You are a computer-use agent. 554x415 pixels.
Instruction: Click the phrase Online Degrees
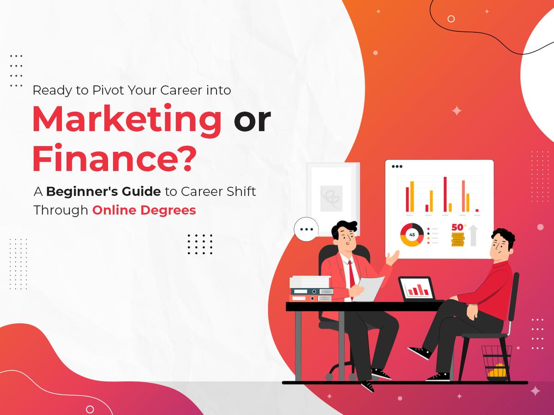point(144,210)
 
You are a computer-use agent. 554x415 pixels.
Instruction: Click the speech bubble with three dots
point(306,229)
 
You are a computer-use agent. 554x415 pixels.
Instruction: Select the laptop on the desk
point(416,289)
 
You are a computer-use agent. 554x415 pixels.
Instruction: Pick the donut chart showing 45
point(412,234)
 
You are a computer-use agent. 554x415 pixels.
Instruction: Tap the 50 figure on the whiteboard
point(457,227)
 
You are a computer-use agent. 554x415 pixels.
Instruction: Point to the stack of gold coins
point(457,240)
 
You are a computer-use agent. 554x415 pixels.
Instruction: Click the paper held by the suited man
point(369,288)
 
